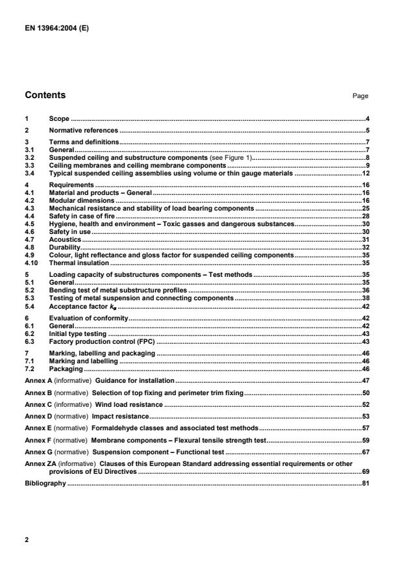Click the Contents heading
coord(45,96)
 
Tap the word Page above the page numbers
coord(360,96)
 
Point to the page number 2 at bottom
coord(26,539)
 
